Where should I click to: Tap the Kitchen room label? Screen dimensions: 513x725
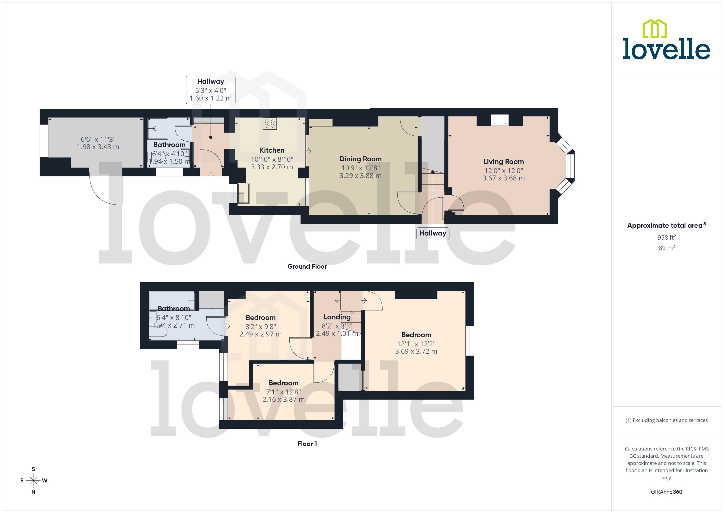(x=272, y=150)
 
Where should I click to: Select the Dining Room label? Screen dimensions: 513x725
(x=360, y=159)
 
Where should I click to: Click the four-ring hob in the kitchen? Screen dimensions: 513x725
(x=269, y=123)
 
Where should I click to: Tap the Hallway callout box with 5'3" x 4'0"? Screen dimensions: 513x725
(x=210, y=90)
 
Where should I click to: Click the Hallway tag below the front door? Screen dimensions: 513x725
(x=433, y=233)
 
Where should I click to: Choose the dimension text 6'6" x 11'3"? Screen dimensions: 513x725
(x=98, y=139)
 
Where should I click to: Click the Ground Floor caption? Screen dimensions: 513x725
(x=307, y=266)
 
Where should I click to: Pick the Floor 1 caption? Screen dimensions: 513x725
(x=307, y=443)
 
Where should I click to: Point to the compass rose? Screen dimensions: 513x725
(x=33, y=480)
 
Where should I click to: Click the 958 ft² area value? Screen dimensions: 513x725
(x=666, y=237)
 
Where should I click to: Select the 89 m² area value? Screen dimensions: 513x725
(x=666, y=248)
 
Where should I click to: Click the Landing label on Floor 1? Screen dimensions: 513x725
(x=337, y=317)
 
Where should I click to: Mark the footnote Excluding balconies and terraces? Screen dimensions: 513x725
(x=666, y=420)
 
